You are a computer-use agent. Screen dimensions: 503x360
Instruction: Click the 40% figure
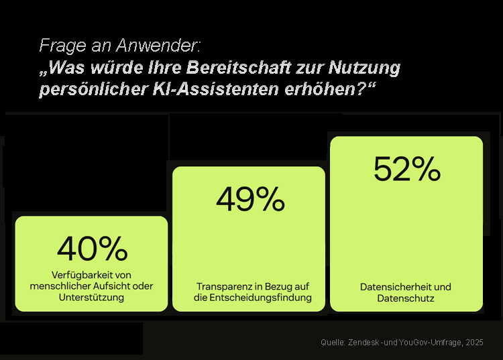tap(93, 249)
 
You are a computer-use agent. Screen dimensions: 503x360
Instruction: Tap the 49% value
tap(251, 199)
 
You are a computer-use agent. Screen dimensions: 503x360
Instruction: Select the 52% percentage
tap(407, 169)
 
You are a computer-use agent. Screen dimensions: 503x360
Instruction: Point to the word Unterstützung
tap(91, 297)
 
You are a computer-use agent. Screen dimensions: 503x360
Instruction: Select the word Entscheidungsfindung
tap(260, 298)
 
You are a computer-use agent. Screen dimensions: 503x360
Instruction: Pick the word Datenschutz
tap(406, 298)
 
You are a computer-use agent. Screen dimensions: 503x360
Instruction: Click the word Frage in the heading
tap(62, 46)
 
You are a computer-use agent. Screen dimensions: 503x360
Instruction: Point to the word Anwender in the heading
tap(158, 45)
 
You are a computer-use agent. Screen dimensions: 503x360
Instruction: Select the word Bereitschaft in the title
tap(239, 67)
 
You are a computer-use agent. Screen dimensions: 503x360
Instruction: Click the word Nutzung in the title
tap(364, 68)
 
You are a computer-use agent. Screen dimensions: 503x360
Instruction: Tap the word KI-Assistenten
tap(215, 88)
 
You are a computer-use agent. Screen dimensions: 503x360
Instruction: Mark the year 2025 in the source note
tap(474, 343)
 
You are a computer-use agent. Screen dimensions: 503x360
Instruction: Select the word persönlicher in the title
tap(93, 89)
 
